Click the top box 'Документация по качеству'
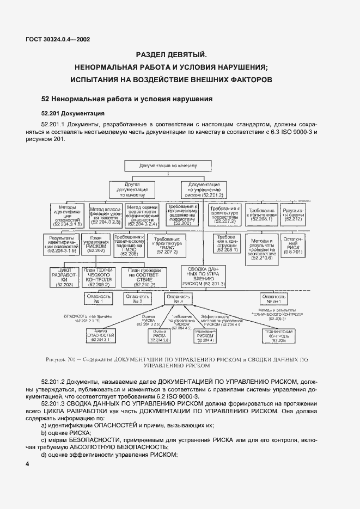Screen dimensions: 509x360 (x=163, y=165)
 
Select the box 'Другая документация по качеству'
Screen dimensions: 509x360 (x=133, y=189)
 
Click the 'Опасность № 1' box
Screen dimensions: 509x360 (x=99, y=298)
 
